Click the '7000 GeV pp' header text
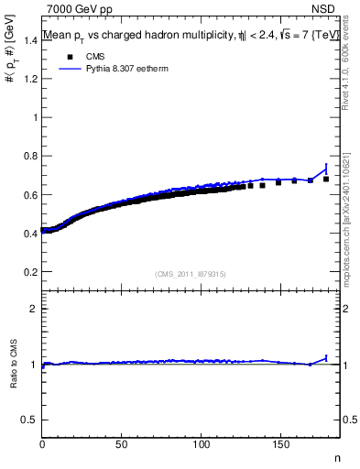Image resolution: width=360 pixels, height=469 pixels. (x=80, y=10)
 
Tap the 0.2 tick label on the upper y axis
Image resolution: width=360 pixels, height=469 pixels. (x=29, y=272)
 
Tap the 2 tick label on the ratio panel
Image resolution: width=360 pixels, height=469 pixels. (x=33, y=309)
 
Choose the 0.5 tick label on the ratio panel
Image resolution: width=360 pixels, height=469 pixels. (x=29, y=420)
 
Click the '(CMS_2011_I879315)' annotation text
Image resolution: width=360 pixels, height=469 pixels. (x=191, y=273)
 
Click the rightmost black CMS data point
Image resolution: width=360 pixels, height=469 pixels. (x=326, y=179)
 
